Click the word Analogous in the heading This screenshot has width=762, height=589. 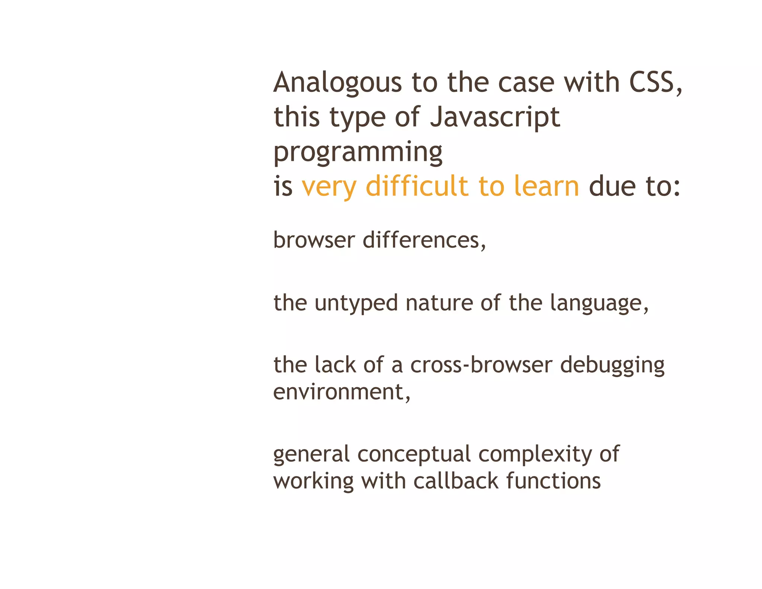[x=337, y=83]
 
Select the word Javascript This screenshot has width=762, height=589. [x=495, y=117]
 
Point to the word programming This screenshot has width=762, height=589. [x=358, y=153]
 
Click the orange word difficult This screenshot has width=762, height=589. [x=417, y=186]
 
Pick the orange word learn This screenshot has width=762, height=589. [x=546, y=186]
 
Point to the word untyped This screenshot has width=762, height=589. [x=356, y=303]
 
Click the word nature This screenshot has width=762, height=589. [x=439, y=303]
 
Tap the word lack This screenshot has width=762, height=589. [x=335, y=364]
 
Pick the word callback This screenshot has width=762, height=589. [x=455, y=481]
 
